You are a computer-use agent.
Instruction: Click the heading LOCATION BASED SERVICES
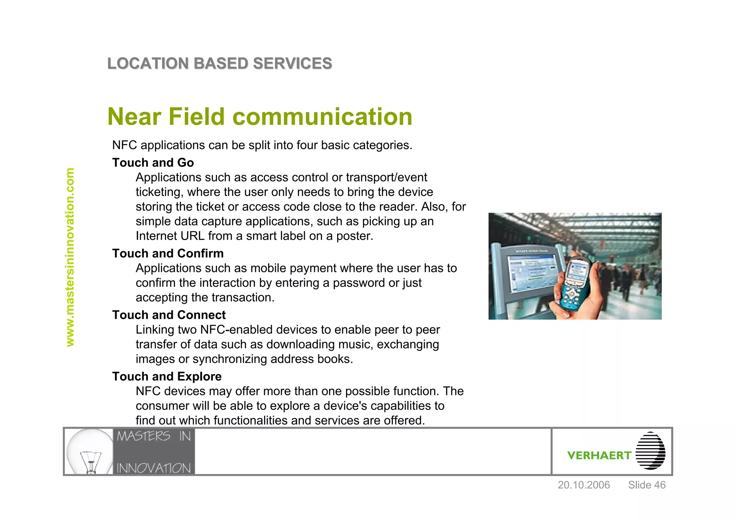tap(220, 64)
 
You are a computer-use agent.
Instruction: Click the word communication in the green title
tap(322, 117)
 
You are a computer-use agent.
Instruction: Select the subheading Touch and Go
tap(153, 163)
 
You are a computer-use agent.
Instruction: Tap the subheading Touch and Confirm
tap(168, 254)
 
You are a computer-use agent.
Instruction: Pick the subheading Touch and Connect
tap(169, 315)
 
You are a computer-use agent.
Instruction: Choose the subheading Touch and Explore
tap(167, 377)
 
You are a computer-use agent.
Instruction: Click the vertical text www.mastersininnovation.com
tap(70, 257)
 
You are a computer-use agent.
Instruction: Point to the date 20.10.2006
tap(584, 485)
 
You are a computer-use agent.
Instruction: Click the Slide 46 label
tap(647, 485)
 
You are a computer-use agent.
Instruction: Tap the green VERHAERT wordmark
tap(599, 456)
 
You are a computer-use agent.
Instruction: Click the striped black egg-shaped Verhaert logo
tap(650, 451)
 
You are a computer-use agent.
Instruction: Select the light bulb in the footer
tap(90, 452)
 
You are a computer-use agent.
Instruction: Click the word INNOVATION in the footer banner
tap(153, 468)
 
